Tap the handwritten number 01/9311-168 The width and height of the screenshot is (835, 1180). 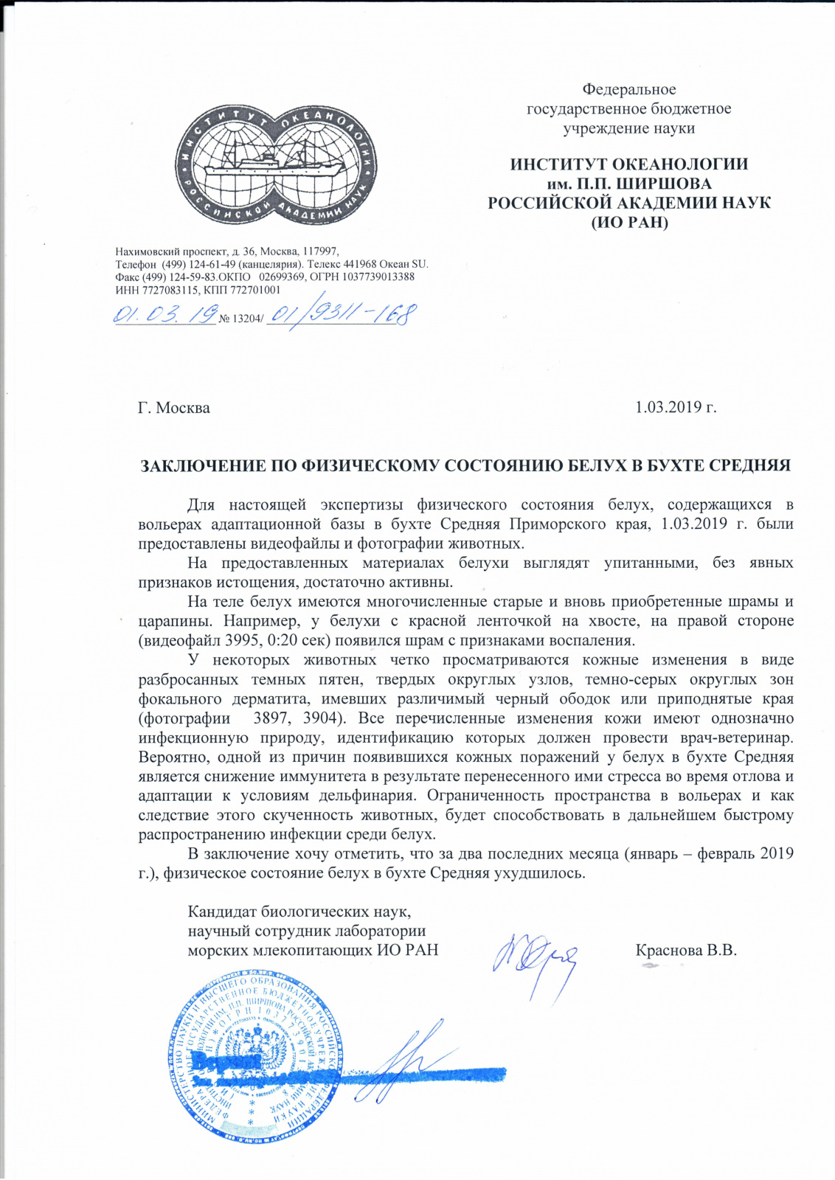click(341, 315)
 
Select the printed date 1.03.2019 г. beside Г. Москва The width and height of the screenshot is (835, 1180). click(676, 407)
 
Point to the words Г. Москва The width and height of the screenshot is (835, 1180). click(174, 408)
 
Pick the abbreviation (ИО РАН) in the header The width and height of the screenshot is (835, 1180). click(629, 221)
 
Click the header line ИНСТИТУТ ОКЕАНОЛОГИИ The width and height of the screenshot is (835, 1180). click(629, 164)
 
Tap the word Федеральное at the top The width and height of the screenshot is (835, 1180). click(629, 89)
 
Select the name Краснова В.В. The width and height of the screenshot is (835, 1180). click(686, 950)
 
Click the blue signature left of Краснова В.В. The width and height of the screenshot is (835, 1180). click(535, 959)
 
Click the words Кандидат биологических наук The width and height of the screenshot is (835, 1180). click(299, 912)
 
